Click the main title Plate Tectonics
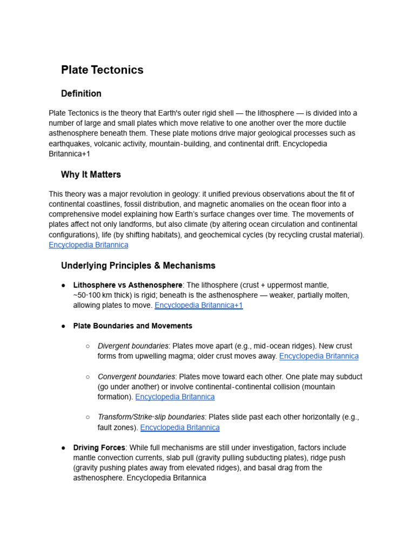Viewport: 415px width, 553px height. (102, 70)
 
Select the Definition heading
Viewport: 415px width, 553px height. (81, 94)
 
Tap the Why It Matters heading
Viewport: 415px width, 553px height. (91, 175)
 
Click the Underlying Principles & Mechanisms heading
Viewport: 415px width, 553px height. (138, 266)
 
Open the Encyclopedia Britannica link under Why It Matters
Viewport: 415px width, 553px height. (88, 245)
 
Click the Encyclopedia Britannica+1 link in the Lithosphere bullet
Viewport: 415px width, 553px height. (198, 305)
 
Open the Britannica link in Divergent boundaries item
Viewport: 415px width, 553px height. (318, 356)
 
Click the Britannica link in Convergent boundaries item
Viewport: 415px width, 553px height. (175, 397)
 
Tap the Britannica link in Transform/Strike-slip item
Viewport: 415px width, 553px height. (179, 427)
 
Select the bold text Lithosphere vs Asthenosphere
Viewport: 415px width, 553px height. (128, 285)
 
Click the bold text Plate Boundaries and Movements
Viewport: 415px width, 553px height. (132, 326)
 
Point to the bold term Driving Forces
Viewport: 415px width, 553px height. (99, 448)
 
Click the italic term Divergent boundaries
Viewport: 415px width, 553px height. (133, 346)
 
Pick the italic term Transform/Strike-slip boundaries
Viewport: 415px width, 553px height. (151, 417)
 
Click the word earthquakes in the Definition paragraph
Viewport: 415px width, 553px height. (70, 144)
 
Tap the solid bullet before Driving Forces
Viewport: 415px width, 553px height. (63, 448)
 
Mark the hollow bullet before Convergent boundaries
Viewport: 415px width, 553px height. (88, 377)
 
